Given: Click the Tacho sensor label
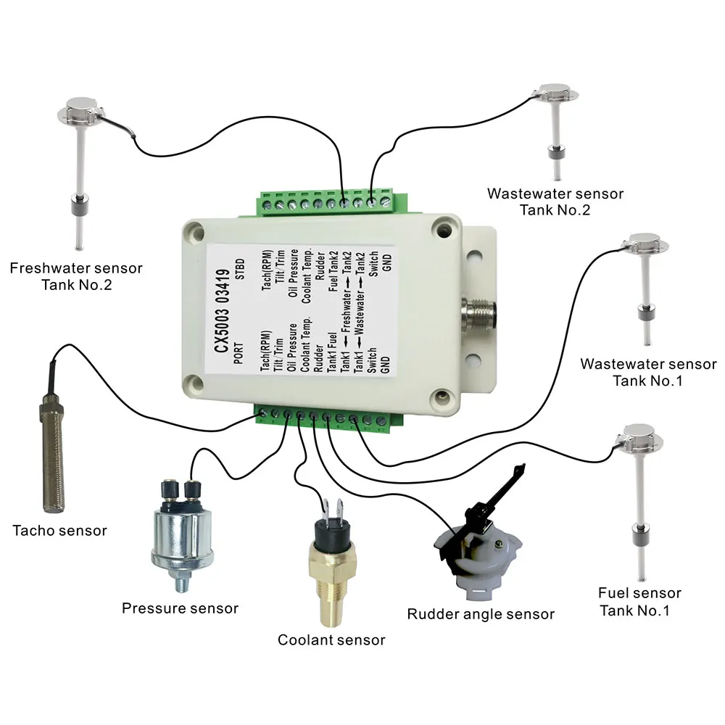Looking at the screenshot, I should (59, 531).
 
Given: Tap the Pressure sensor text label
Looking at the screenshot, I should (180, 608).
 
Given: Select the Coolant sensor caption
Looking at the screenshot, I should (331, 640).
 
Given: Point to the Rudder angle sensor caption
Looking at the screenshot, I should (481, 614).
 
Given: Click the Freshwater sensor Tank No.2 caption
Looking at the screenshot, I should (76, 276).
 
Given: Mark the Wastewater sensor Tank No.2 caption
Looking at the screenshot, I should (555, 202).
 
